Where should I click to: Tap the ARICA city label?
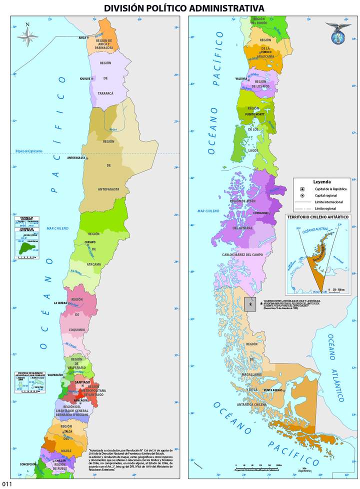pyautogui.click(x=82, y=37)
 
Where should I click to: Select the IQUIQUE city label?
pyautogui.click(x=85, y=78)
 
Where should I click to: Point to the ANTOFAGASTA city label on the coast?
pyautogui.click(x=76, y=158)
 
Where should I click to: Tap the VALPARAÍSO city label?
pyautogui.click(x=54, y=374)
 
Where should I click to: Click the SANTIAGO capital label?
pyautogui.click(x=82, y=382)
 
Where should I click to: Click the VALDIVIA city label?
pyautogui.click(x=241, y=78)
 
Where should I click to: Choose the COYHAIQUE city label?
pyautogui.click(x=260, y=213)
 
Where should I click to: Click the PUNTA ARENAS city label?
pyautogui.click(x=274, y=390)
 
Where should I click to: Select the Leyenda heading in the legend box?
pyautogui.click(x=322, y=182)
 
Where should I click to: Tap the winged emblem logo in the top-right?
pyautogui.click(x=338, y=31)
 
